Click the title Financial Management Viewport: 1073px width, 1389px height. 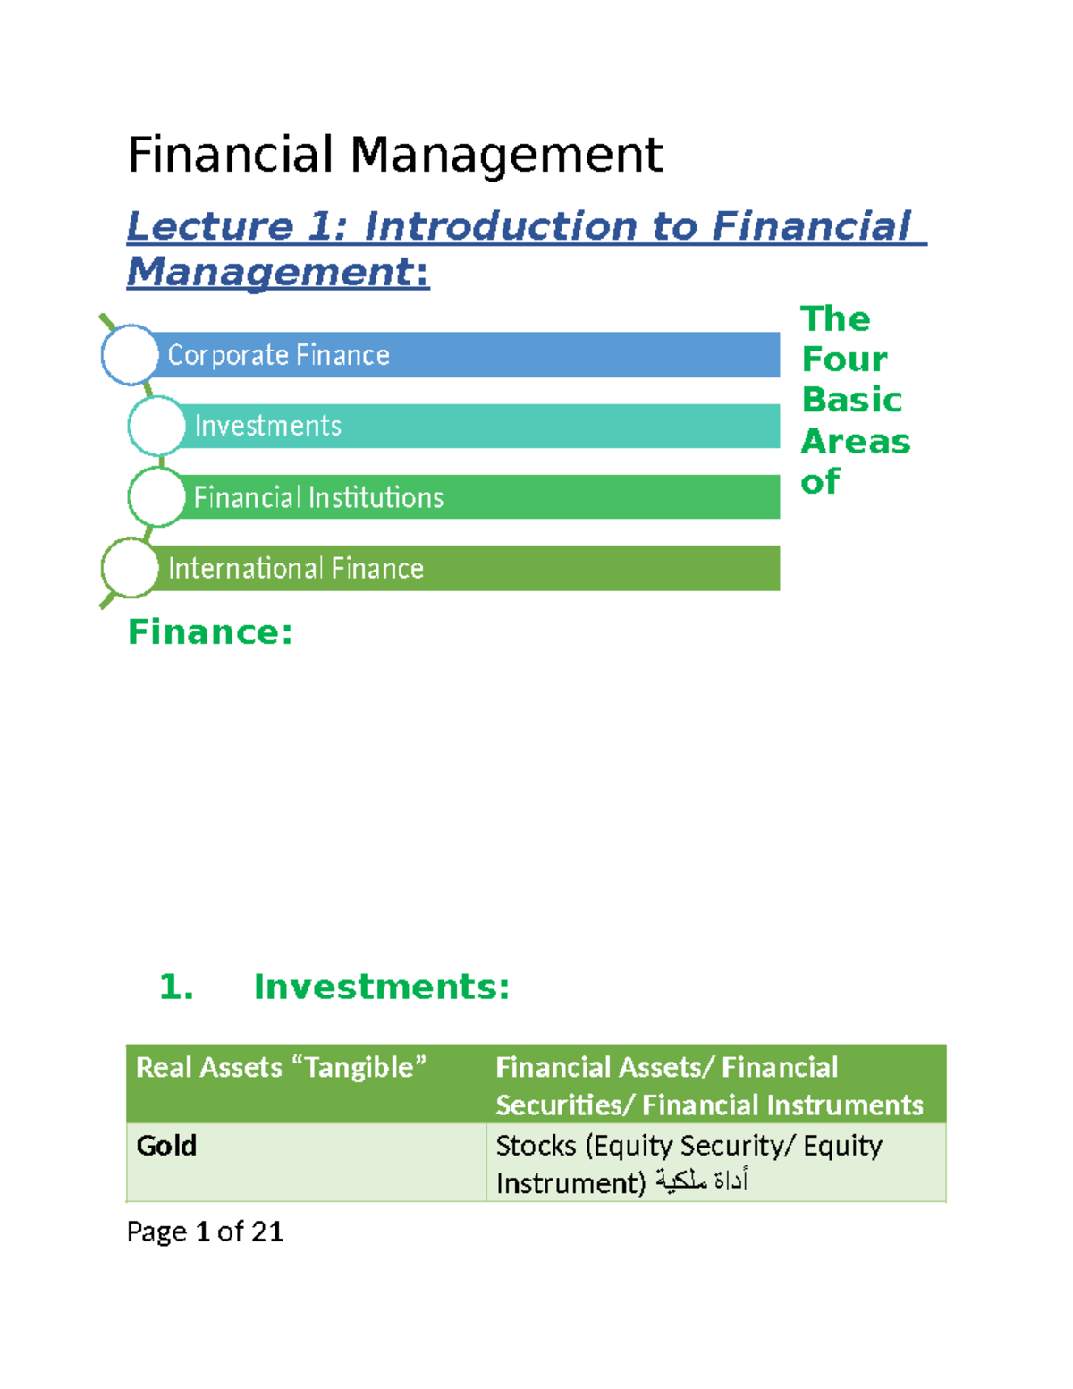pos(394,155)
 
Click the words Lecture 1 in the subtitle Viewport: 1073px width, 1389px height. pos(230,226)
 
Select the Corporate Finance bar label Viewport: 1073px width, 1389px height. pos(278,355)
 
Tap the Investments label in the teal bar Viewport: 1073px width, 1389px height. pos(267,426)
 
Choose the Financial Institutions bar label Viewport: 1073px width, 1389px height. pos(318,497)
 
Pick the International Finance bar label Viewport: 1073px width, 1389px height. pos(295,568)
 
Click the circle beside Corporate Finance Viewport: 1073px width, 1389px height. pos(131,355)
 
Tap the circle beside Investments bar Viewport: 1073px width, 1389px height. pos(156,426)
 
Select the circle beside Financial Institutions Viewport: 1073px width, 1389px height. pos(156,496)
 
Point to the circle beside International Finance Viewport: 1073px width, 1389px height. pos(131,568)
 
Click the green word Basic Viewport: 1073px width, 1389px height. pos(851,400)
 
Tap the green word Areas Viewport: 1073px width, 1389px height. pos(856,441)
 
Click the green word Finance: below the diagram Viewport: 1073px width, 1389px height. pos(210,632)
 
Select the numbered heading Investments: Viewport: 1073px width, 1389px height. pos(381,987)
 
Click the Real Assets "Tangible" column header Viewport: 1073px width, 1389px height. pos(281,1067)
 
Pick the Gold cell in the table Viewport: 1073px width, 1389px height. pos(166,1146)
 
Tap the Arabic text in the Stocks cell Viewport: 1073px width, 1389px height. pos(701,1182)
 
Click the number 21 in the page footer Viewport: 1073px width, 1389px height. pos(267,1232)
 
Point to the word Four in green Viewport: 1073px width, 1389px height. pos(844,360)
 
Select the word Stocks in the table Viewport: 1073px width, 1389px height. pos(536,1146)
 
